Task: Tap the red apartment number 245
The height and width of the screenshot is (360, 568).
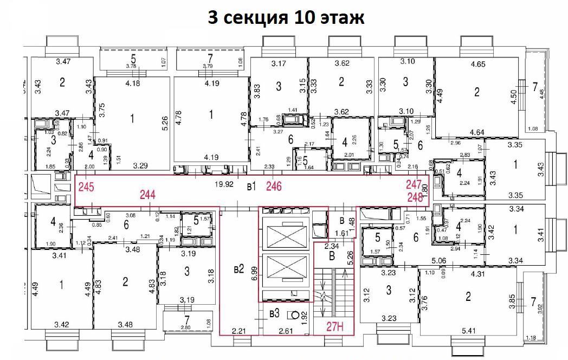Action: pyautogui.click(x=86, y=188)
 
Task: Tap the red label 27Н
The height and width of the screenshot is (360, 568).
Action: pyautogui.click(x=335, y=326)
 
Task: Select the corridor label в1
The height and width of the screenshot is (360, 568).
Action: pyautogui.click(x=251, y=187)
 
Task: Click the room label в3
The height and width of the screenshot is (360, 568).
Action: pyautogui.click(x=274, y=313)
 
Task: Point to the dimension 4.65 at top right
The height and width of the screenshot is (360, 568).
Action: pyautogui.click(x=477, y=64)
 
